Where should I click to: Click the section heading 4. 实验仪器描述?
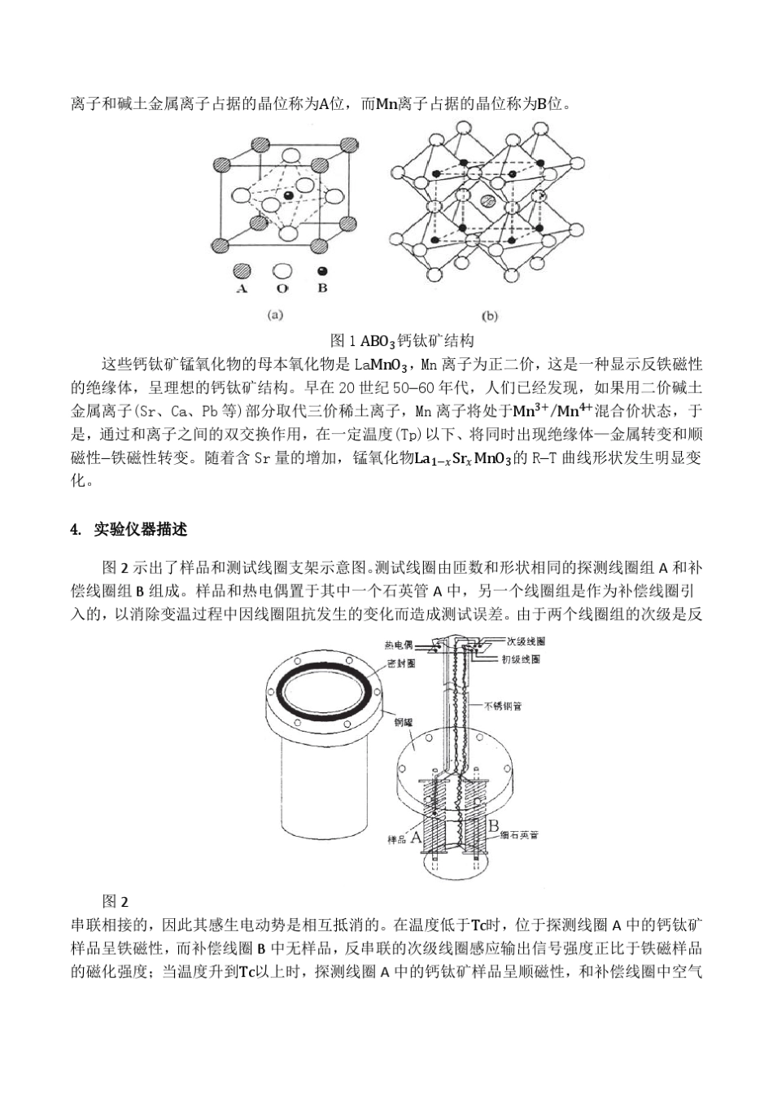(x=129, y=530)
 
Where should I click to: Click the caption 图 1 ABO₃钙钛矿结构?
(x=402, y=340)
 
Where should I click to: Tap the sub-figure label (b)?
(x=491, y=316)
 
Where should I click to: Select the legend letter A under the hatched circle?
(x=242, y=289)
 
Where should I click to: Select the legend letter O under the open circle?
(x=282, y=289)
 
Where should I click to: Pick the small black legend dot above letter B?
(x=322, y=271)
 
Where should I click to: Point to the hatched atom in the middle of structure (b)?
(x=487, y=200)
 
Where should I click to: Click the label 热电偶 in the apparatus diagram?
(x=398, y=645)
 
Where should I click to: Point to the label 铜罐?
(x=404, y=722)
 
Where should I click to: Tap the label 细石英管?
(x=520, y=835)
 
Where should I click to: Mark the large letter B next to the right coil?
(x=494, y=826)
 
